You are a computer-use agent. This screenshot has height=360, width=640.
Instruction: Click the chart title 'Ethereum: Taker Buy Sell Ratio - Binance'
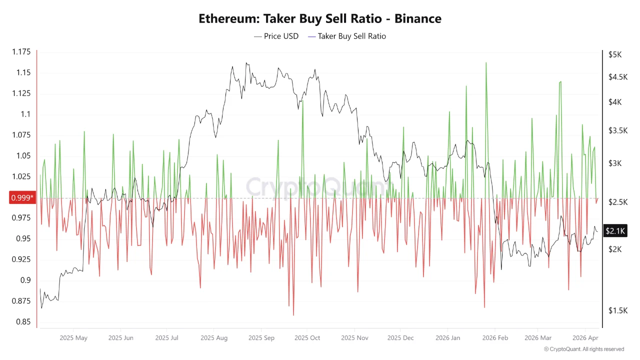tap(320, 18)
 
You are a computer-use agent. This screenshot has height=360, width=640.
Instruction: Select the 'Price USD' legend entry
tap(276, 36)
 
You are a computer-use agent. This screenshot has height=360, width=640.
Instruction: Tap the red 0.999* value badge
tap(22, 198)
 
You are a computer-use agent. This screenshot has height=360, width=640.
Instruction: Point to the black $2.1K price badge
tap(615, 230)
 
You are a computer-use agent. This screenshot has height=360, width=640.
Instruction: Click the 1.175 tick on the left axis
tap(20, 52)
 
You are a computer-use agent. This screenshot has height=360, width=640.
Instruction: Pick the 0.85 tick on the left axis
tap(23, 321)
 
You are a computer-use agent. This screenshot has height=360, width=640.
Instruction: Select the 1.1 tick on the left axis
tap(25, 114)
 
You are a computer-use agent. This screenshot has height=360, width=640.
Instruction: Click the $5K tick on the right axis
tap(615, 54)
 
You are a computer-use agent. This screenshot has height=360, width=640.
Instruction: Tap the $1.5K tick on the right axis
tap(617, 310)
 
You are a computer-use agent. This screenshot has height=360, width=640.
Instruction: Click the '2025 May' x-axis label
tap(73, 338)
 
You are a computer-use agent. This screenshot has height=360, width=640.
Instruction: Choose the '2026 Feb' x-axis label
tap(495, 338)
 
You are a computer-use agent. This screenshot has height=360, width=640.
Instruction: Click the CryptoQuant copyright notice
tap(583, 349)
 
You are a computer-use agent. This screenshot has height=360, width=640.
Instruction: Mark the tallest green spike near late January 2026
tap(485, 63)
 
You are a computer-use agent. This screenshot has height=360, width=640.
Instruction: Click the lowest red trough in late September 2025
tap(293, 315)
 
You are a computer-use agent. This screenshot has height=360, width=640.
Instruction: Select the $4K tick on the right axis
tap(615, 102)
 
